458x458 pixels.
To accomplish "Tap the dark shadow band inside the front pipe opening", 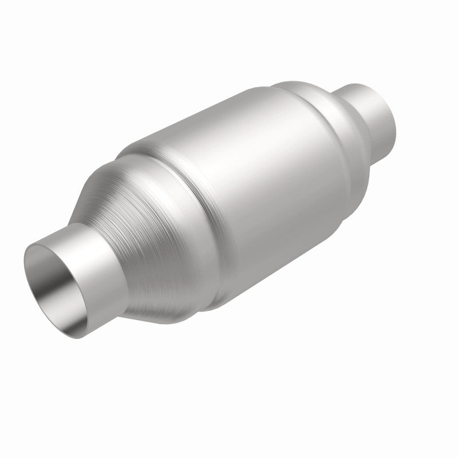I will click(43, 269).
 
